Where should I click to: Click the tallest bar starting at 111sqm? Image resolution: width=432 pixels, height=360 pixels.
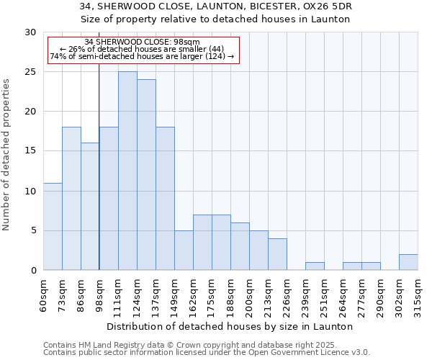[x=127, y=171]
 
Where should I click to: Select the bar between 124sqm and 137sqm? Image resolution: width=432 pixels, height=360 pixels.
[x=146, y=175]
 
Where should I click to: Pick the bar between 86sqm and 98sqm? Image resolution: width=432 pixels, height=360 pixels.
[x=90, y=207]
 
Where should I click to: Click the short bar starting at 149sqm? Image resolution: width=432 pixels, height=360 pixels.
[x=184, y=251]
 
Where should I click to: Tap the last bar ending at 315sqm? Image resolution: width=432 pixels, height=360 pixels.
[x=408, y=262]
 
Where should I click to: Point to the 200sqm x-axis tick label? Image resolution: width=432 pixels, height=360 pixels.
[x=249, y=294]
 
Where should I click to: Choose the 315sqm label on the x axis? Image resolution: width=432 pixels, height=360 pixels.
[x=418, y=294]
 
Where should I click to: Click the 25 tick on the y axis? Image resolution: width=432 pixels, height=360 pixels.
[x=30, y=72]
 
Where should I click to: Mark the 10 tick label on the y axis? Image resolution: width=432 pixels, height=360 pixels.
[x=30, y=192]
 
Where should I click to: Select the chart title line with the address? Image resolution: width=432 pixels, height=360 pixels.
[x=216, y=6]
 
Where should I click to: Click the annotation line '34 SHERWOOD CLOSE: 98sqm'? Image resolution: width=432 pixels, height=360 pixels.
[x=142, y=42]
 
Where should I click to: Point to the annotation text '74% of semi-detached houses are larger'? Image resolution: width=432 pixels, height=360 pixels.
[x=142, y=56]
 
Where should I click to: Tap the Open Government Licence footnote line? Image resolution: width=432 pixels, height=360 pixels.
[x=207, y=352]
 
